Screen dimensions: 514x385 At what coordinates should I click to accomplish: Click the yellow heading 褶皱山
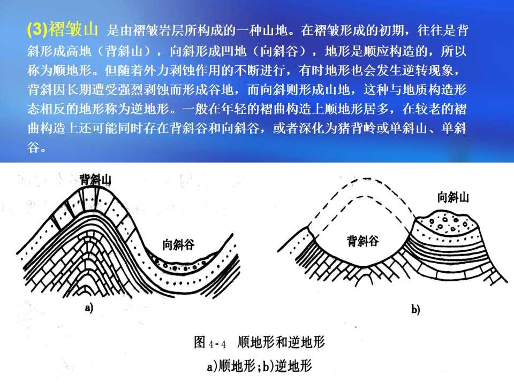pos(73,29)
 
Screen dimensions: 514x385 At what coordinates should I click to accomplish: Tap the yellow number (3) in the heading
pos(37,29)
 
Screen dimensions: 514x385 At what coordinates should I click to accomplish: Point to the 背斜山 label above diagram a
pos(95,180)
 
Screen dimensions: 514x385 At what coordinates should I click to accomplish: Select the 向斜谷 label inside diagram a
pos(179,244)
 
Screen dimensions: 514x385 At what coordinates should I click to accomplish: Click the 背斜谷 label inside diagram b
pos(363,241)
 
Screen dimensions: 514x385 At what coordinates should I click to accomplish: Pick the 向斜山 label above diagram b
pos(453,197)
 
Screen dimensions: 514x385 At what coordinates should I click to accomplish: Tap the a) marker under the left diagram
pos(89,308)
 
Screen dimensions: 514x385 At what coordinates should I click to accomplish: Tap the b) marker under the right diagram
pos(415,310)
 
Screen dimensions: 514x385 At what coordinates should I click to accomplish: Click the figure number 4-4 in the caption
pos(217,344)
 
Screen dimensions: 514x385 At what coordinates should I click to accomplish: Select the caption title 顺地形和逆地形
pos(281,342)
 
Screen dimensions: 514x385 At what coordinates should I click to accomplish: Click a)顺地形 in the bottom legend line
pos(231,366)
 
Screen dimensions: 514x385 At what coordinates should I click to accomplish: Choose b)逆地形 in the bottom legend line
pos(287,366)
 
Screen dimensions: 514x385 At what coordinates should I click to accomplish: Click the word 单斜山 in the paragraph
pos(408,128)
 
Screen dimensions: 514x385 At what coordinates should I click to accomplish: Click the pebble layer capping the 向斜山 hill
pos(448,224)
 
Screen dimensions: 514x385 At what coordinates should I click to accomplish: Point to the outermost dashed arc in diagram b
pos(366,179)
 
